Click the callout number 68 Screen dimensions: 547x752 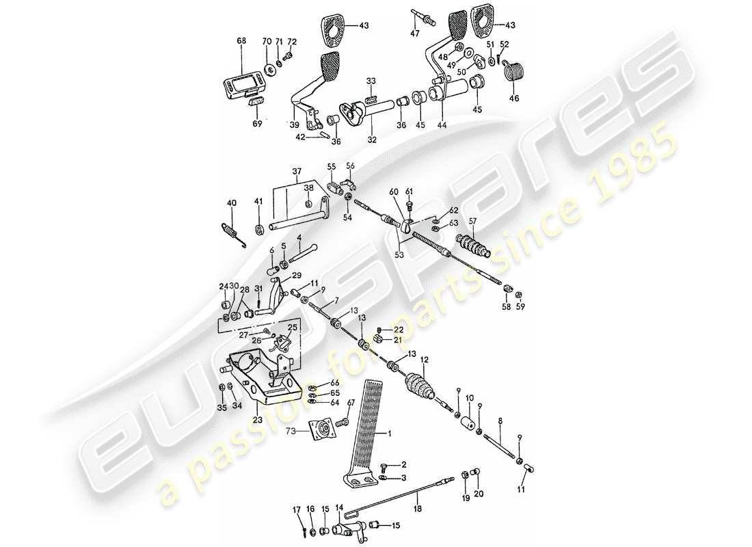(241, 41)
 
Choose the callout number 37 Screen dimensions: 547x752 (297, 172)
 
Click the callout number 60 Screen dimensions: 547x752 (393, 192)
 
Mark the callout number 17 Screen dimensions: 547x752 (297, 509)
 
